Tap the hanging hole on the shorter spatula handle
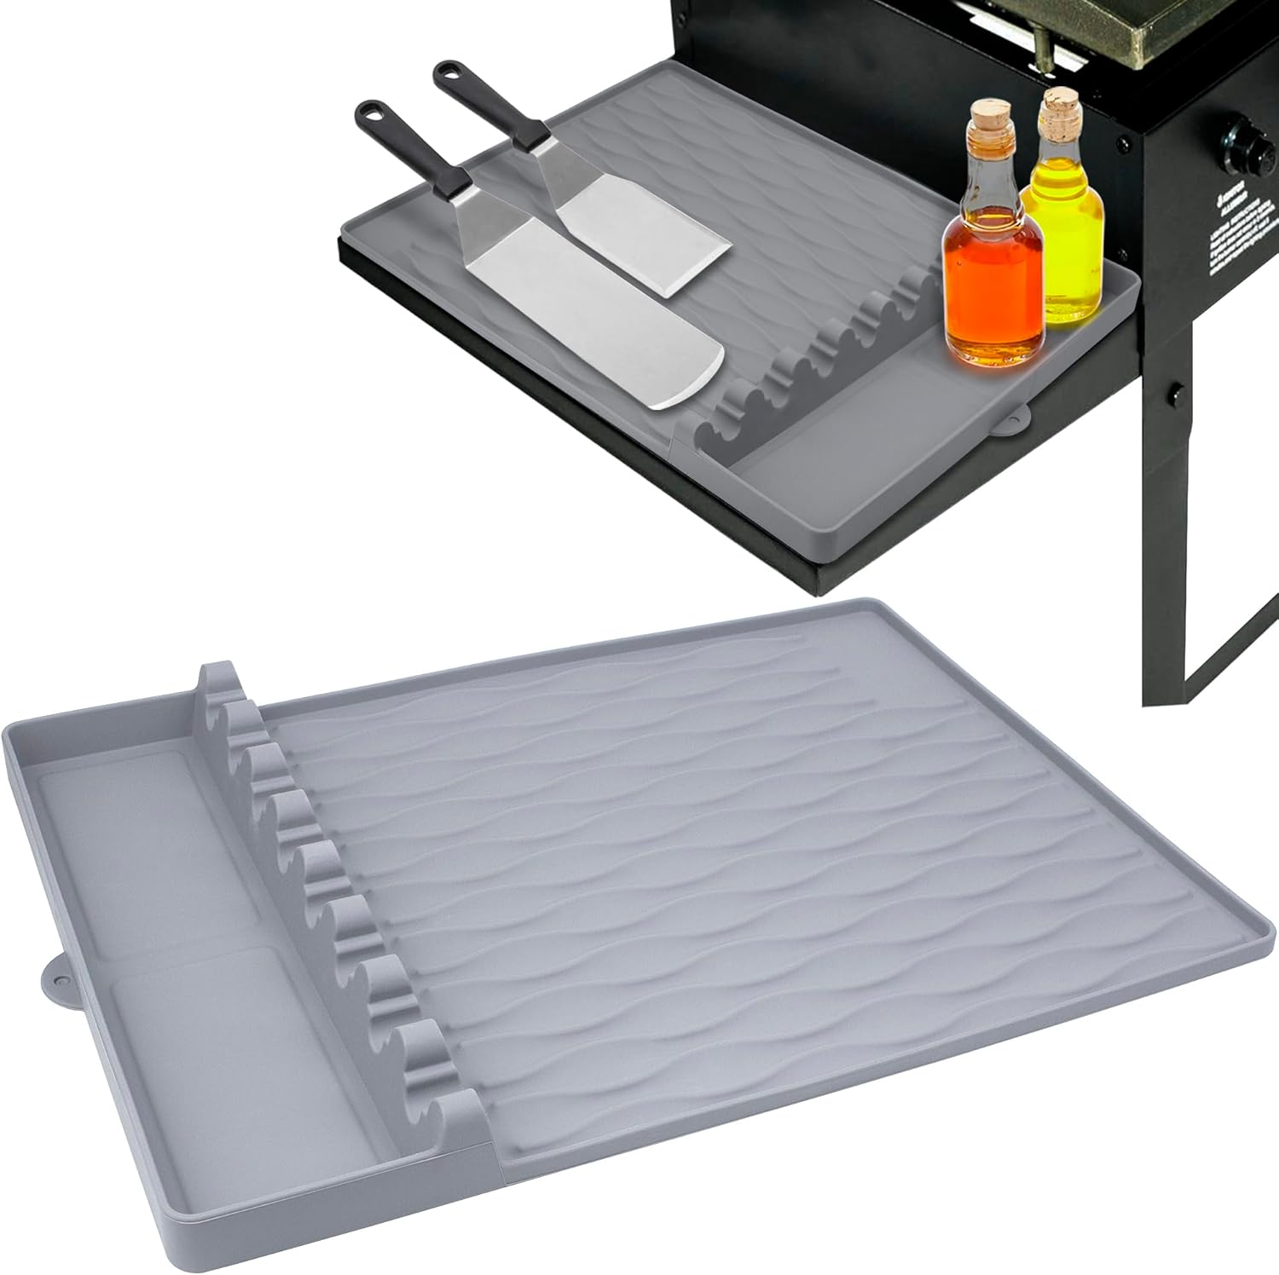coord(449,70)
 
